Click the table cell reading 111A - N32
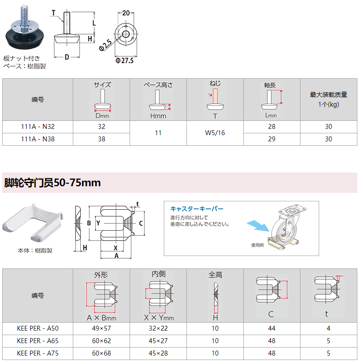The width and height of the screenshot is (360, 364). [x=38, y=127]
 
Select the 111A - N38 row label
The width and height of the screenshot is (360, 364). [x=38, y=139]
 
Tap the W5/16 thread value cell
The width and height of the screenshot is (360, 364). [x=215, y=133]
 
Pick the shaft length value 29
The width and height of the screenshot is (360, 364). [x=272, y=139]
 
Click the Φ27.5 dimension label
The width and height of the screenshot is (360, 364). [x=124, y=61]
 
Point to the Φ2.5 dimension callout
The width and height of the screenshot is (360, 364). [x=106, y=45]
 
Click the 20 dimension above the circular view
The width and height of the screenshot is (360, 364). [x=126, y=13]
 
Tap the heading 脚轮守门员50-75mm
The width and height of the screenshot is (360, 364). [x=52, y=183]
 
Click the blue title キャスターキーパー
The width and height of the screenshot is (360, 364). [x=197, y=209]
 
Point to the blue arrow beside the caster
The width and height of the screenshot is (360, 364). [x=258, y=226]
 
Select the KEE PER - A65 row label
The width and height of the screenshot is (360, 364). [x=38, y=341]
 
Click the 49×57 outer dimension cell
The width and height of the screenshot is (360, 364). [x=101, y=328]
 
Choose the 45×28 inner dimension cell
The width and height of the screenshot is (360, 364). [x=158, y=353]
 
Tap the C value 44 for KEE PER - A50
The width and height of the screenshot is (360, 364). [x=272, y=328]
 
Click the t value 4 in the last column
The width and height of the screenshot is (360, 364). [x=328, y=328]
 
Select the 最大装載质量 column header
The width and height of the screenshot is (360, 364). [x=328, y=95]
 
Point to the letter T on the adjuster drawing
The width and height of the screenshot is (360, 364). [x=54, y=13]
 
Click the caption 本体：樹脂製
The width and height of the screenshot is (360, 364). [x=35, y=251]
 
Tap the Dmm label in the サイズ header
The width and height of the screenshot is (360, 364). [x=102, y=116]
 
